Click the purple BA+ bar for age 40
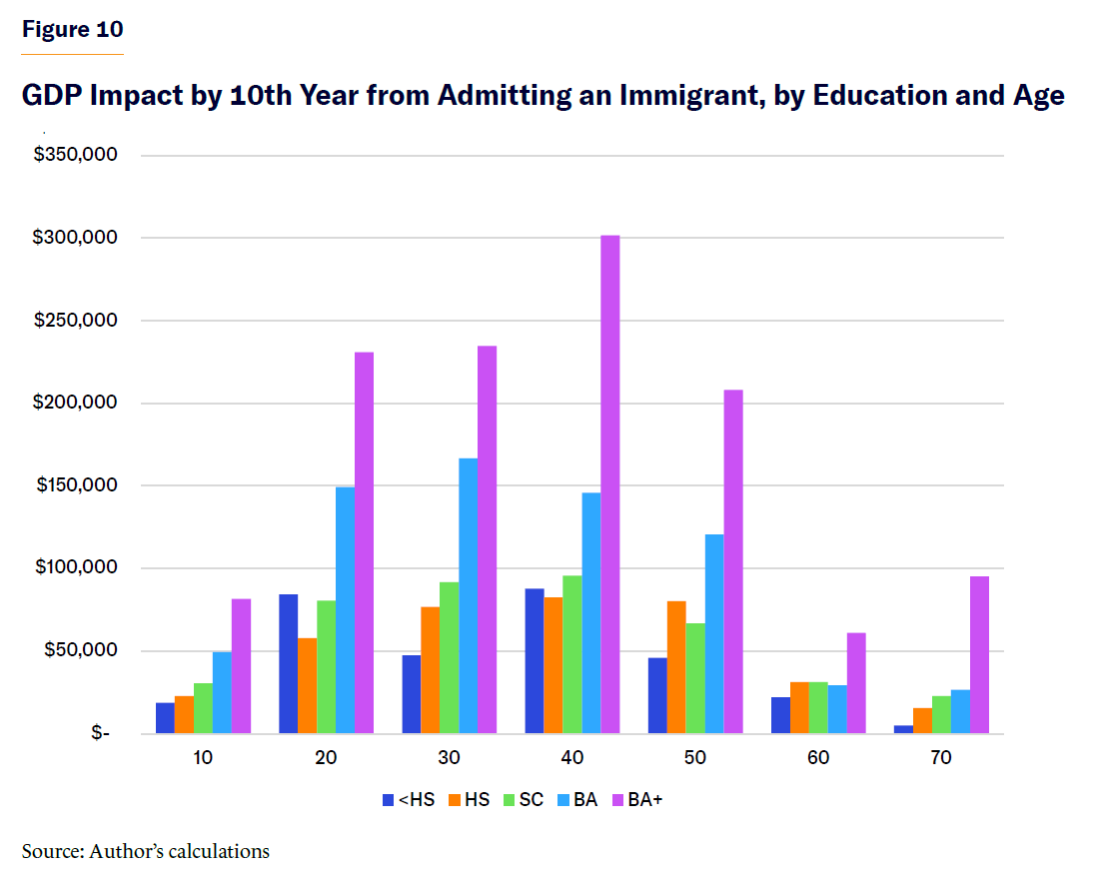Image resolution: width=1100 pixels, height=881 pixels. [x=610, y=484]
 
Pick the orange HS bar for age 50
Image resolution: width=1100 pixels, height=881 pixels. [x=677, y=667]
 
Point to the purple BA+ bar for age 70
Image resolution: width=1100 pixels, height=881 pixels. [x=979, y=655]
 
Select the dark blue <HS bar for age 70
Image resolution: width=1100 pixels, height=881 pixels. [x=903, y=729]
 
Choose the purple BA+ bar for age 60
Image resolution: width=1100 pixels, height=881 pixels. [x=856, y=683]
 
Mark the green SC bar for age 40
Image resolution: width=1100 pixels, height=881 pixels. [x=572, y=654]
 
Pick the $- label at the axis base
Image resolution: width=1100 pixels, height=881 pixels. [x=100, y=734]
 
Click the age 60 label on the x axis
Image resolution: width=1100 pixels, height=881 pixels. [x=818, y=758]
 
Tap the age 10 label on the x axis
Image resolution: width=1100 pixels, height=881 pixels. [x=203, y=758]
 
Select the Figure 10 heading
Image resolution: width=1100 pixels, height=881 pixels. [x=73, y=29]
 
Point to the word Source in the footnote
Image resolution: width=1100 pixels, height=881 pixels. [x=51, y=852]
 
